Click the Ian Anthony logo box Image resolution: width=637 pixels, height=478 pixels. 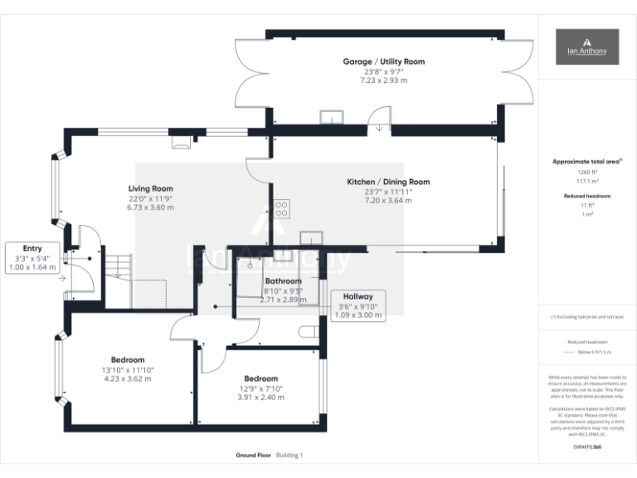[587, 46]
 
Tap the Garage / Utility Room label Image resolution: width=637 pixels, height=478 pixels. [383, 61]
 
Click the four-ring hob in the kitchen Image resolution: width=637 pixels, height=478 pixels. [281, 207]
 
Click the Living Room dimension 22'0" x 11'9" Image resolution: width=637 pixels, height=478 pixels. [150, 198]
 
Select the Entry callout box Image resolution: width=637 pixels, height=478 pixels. [32, 257]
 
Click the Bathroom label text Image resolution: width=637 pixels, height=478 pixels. [283, 281]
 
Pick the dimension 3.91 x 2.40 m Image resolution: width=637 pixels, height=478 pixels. [260, 398]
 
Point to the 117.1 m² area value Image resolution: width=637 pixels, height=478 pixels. [586, 180]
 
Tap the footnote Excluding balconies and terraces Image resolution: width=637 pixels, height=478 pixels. [587, 317]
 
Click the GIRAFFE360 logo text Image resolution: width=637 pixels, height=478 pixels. [586, 447]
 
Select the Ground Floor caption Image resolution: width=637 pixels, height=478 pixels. [252, 455]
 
